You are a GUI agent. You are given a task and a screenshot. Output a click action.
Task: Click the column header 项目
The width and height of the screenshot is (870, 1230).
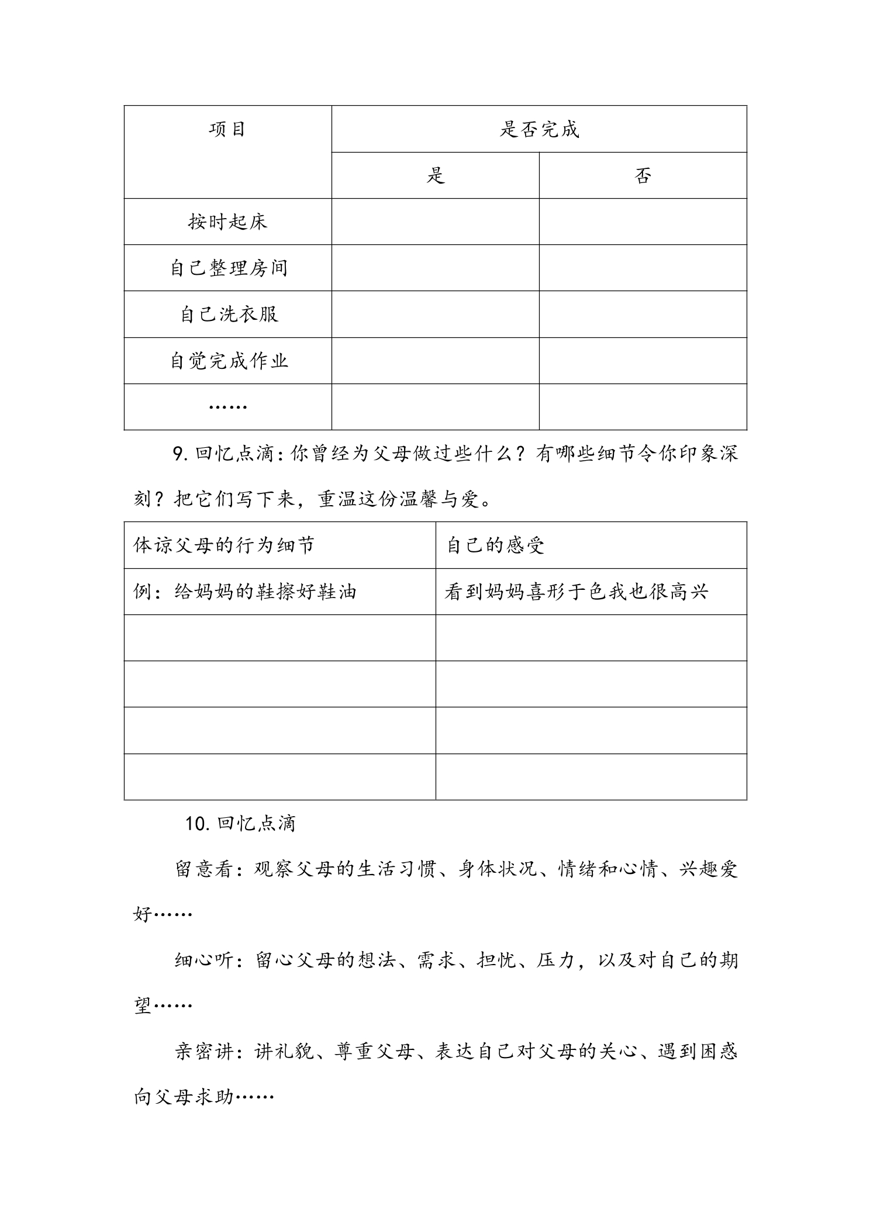227,129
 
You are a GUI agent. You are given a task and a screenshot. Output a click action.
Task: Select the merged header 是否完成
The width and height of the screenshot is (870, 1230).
539,129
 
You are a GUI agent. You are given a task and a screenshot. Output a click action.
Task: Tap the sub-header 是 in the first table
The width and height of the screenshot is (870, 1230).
436,175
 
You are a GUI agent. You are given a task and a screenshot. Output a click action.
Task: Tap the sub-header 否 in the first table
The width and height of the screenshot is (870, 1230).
643,175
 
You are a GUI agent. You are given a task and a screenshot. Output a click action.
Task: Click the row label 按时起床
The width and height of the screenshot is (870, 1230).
227,222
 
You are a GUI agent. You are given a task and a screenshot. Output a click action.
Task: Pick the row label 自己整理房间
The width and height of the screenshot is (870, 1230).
229,268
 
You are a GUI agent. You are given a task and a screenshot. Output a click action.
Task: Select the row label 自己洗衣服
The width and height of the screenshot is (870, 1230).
229,315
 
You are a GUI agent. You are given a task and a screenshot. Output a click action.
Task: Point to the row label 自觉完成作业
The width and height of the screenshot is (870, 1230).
229,361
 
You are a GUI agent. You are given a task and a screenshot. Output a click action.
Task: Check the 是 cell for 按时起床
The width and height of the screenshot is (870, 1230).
436,222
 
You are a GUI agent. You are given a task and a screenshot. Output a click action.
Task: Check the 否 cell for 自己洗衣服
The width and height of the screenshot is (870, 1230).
643,315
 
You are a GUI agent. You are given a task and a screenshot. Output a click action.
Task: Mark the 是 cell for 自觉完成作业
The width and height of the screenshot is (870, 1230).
436,361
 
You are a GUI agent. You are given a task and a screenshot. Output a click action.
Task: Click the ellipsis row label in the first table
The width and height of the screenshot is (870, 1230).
227,406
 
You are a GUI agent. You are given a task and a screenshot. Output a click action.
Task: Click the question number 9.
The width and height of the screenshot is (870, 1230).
179,454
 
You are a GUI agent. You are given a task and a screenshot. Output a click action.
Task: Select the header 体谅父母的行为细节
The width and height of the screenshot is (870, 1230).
224,545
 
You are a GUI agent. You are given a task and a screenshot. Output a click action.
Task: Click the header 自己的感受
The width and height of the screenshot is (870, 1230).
495,545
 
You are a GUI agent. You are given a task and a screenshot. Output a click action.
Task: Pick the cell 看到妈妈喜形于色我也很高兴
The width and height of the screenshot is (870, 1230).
576,592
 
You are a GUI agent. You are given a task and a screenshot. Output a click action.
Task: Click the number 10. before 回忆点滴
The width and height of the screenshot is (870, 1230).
198,824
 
